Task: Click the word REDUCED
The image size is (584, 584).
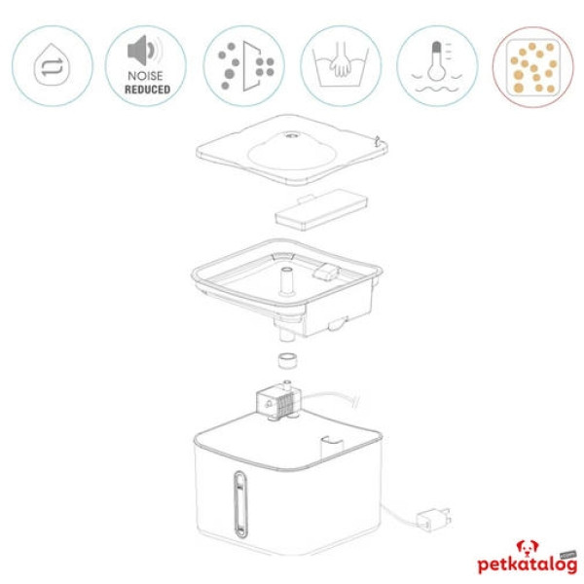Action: [147, 89]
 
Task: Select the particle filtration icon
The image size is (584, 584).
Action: [244, 65]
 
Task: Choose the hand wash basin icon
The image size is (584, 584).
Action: [340, 65]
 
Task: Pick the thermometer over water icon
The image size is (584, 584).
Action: [436, 65]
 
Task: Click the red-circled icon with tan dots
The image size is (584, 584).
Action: [532, 66]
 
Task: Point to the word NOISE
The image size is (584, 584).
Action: [147, 75]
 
